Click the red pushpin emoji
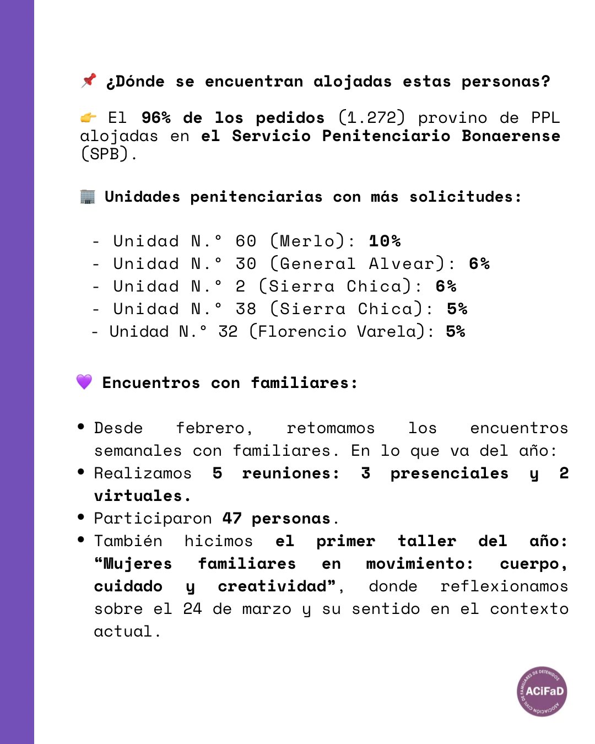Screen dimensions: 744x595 (x=88, y=80)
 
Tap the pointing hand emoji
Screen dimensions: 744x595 (x=88, y=117)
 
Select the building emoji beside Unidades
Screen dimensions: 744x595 (x=88, y=196)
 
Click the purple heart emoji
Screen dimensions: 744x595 (x=84, y=381)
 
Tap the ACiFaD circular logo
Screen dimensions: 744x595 (x=542, y=691)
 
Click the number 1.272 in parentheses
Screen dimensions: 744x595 (x=372, y=117)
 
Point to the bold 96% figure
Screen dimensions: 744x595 (x=156, y=117)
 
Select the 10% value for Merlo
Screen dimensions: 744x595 (x=385, y=241)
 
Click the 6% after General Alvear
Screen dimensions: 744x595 (x=479, y=263)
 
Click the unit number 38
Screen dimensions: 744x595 (x=246, y=309)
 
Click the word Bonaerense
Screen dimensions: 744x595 (x=511, y=136)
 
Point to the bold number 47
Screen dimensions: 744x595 (x=232, y=518)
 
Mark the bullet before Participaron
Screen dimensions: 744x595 (x=81, y=517)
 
